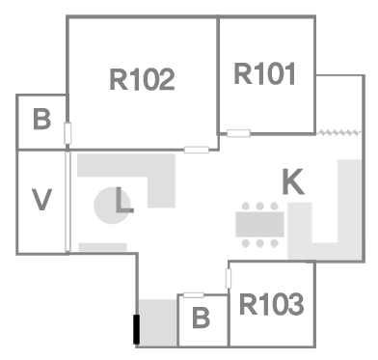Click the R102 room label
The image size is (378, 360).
point(142,79)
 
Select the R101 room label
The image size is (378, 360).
point(264,73)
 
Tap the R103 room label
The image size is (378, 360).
point(271,304)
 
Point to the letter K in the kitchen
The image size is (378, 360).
point(293,182)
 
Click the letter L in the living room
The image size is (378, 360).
point(124,200)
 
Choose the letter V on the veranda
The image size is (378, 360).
point(41,200)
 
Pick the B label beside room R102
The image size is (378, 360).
point(41,119)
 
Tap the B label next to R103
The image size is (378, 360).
point(201,318)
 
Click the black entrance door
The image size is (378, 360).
point(137,329)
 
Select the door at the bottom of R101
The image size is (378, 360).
point(238,133)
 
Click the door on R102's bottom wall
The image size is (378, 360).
point(197,150)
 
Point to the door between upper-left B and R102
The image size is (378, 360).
point(67,133)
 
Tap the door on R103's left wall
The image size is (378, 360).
point(229,279)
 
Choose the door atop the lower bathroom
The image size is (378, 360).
point(194,295)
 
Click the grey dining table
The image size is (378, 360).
point(259,224)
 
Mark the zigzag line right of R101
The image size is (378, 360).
point(338,132)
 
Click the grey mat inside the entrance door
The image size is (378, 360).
point(158,322)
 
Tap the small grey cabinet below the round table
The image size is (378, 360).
point(103,247)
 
